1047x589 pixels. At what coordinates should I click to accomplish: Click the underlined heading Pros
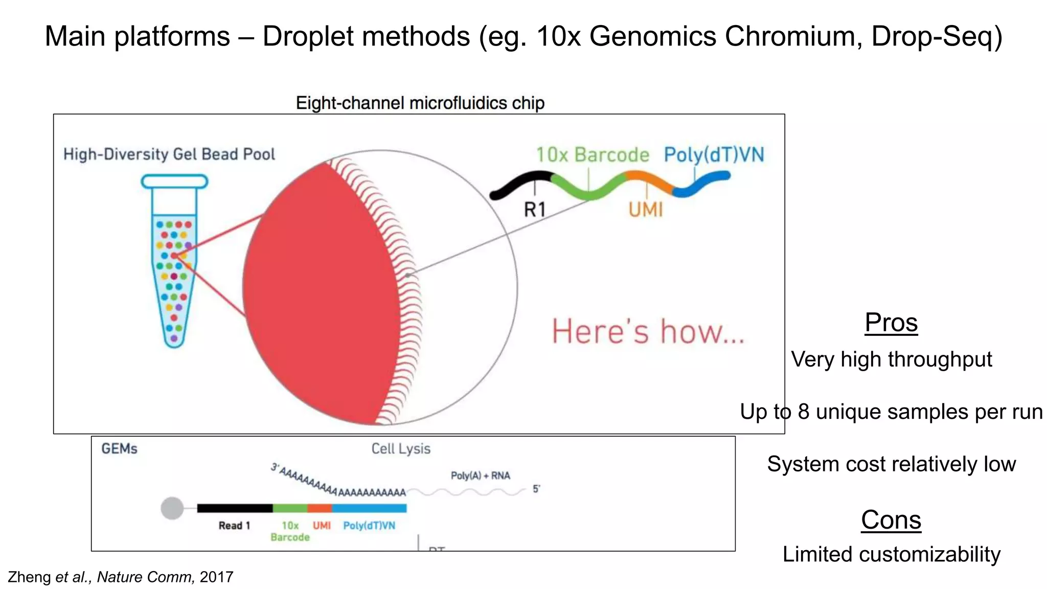[x=891, y=323]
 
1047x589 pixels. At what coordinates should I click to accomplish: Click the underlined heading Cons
[x=891, y=520]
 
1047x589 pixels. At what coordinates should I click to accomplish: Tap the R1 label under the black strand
[x=535, y=210]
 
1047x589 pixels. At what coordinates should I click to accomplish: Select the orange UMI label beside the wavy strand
[x=646, y=210]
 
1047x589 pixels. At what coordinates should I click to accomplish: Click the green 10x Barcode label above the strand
[x=593, y=155]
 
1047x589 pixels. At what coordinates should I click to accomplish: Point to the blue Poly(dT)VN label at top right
[x=714, y=155]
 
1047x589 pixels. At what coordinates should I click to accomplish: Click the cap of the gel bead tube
[x=174, y=182]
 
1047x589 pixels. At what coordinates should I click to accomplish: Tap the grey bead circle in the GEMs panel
[x=172, y=508]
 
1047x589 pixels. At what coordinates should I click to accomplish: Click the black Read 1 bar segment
[x=235, y=508]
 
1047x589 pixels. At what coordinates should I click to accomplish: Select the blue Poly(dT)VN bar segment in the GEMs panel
[x=369, y=508]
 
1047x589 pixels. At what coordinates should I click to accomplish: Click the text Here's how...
[x=648, y=331]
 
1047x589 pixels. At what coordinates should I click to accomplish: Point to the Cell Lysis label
[x=401, y=449]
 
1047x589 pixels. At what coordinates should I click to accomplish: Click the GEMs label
[x=119, y=449]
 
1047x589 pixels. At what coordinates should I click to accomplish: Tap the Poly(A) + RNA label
[x=480, y=475]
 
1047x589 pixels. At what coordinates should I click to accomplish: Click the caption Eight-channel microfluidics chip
[x=420, y=103]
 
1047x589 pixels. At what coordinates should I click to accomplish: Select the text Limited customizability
[x=891, y=554]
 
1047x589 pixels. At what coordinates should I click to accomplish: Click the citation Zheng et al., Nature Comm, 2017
[x=121, y=577]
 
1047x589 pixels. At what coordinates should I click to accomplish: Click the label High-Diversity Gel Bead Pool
[x=169, y=154]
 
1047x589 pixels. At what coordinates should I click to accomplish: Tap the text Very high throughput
[x=891, y=359]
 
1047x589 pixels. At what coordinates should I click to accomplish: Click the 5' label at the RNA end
[x=536, y=489]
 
